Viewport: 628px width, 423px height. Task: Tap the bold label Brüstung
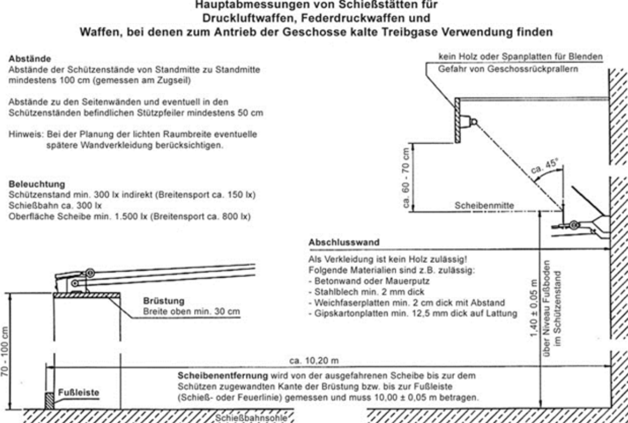(x=158, y=301)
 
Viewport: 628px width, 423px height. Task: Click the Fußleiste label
(x=76, y=391)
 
